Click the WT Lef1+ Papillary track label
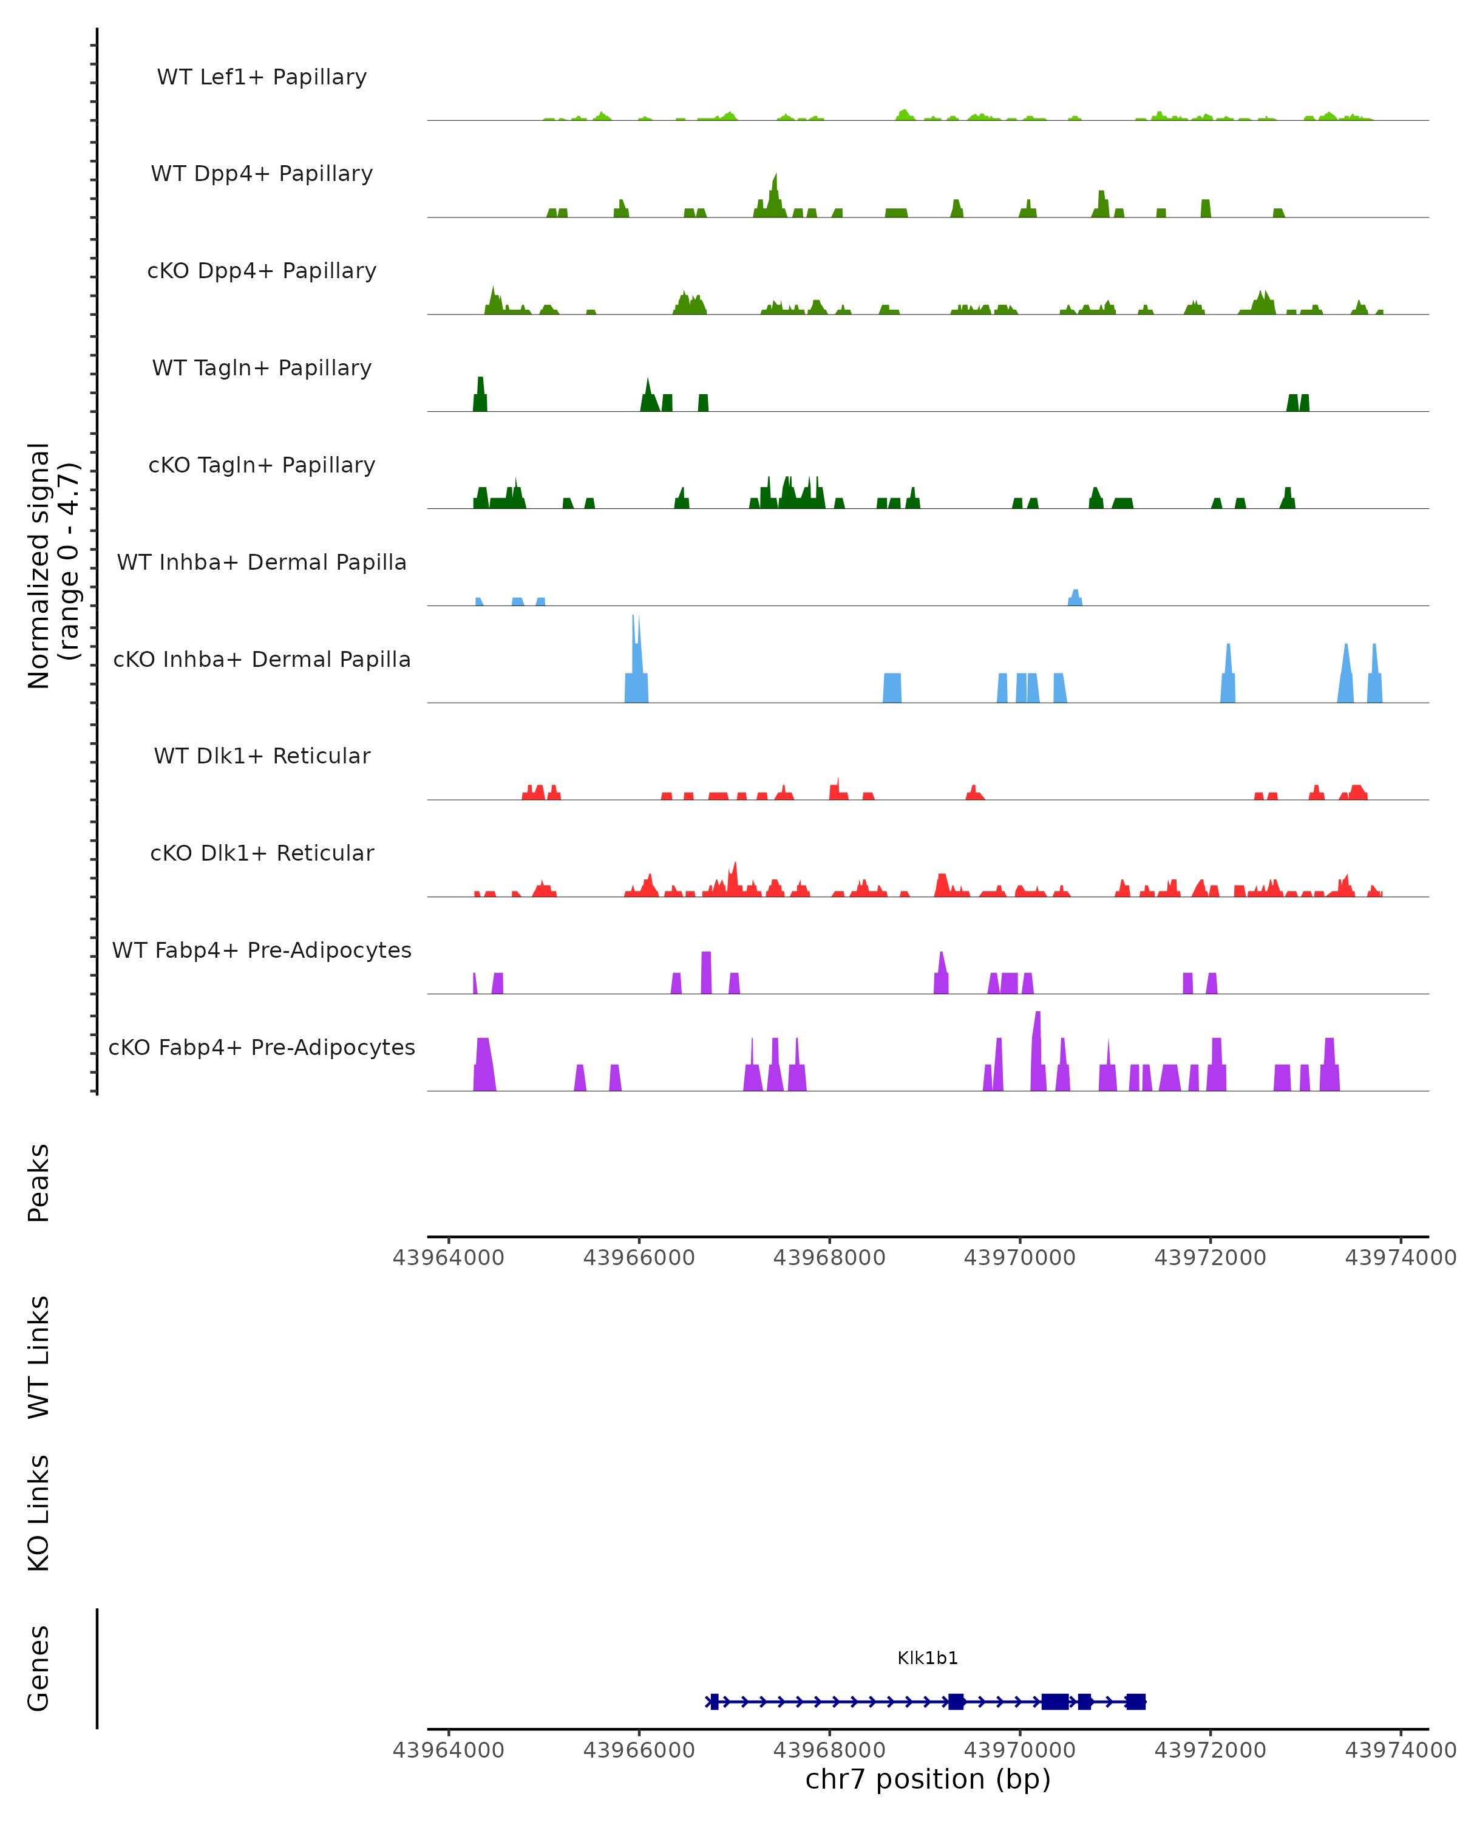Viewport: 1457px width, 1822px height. [262, 77]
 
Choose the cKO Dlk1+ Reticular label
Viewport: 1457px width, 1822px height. [262, 853]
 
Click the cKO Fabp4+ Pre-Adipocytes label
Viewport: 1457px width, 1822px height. [262, 1047]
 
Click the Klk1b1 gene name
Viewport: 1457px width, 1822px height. [928, 1658]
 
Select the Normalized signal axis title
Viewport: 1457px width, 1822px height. [52, 565]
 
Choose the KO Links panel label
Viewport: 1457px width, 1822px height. [39, 1513]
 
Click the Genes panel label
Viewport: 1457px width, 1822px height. [39, 1668]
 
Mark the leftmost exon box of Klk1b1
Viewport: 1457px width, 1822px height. [714, 1701]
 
